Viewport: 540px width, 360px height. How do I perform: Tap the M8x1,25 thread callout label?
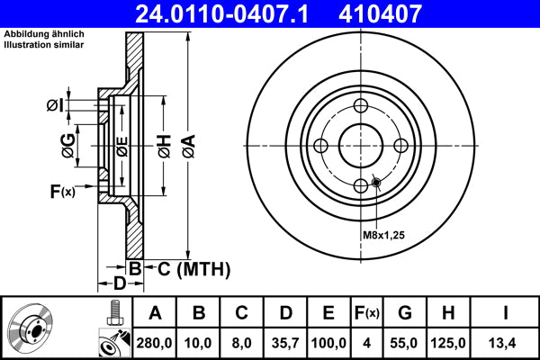[x=385, y=235]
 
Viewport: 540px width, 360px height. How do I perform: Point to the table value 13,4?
[x=505, y=343]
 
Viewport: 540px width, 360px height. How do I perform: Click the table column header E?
[x=328, y=314]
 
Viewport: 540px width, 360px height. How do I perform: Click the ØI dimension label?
[x=56, y=106]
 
